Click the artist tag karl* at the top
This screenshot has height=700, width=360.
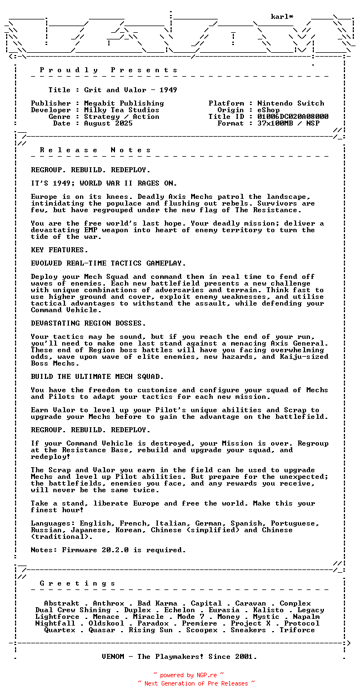pyautogui.click(x=282, y=17)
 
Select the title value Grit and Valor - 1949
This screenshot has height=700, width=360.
pyautogui.click(x=131, y=90)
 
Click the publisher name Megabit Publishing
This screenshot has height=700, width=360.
pyautogui.click(x=124, y=103)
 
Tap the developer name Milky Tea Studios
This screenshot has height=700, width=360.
pyautogui.click(x=122, y=110)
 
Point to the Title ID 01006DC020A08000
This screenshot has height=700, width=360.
pyautogui.click(x=293, y=117)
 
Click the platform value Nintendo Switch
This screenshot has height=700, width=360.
pyautogui.click(x=291, y=103)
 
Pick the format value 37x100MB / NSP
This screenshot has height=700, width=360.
pyautogui.click(x=288, y=123)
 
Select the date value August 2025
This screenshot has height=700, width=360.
pyautogui.click(x=108, y=123)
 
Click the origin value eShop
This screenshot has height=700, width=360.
pyautogui.click(x=268, y=110)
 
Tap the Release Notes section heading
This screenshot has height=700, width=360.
pyautogui.click(x=96, y=150)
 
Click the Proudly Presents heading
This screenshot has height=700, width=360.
pyautogui.click(x=109, y=70)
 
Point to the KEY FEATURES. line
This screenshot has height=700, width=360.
pyautogui.click(x=59, y=250)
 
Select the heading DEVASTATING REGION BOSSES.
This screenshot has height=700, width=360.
pyautogui.click(x=88, y=323)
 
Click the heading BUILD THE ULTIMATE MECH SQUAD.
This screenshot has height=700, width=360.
pyautogui.click(x=97, y=377)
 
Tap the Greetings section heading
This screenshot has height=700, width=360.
pyautogui.click(x=78, y=583)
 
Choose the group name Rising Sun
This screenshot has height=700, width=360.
pyautogui.click(x=151, y=630)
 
